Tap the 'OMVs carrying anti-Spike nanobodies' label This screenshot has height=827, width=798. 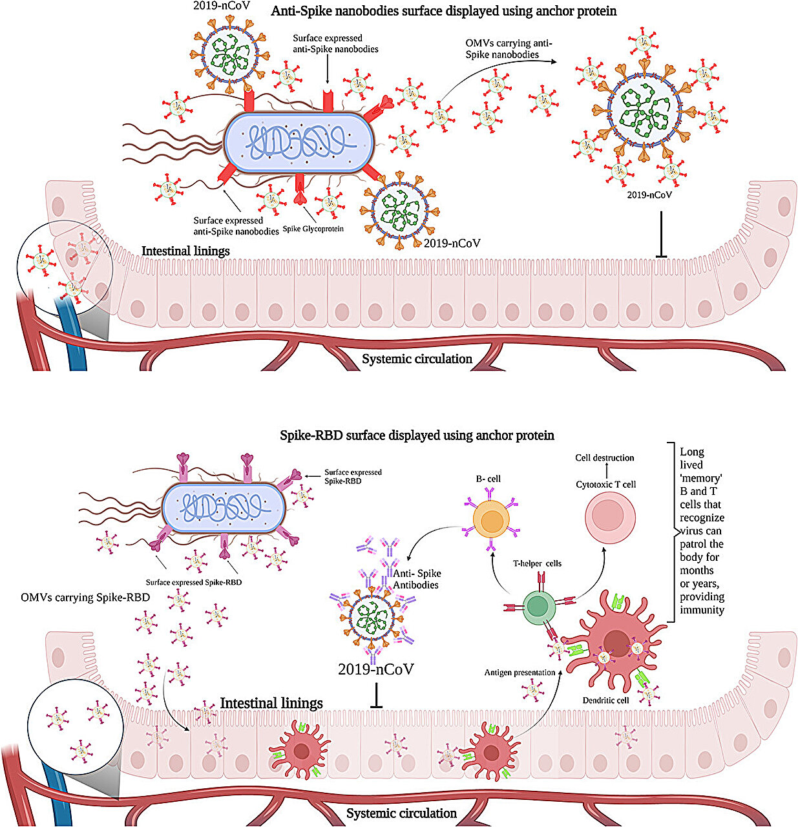pos(509,49)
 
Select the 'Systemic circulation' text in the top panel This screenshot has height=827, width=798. pos(417,359)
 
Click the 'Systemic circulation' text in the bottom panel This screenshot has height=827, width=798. pos(401,813)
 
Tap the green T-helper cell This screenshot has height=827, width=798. pos(537,605)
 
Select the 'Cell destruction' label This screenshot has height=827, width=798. pos(605,457)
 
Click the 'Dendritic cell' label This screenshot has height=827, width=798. pos(605,700)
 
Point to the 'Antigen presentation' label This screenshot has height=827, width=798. pos(520,673)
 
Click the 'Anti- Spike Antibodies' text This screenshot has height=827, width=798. pos(416,579)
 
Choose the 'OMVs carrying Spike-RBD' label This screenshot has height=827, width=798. pos(85,598)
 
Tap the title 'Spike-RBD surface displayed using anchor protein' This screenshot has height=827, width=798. pos(417,435)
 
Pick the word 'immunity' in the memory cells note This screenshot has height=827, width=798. pos(702,609)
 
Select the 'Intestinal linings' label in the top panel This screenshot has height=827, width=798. pos(185,251)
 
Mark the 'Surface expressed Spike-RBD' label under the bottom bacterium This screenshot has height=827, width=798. pos(194,582)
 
